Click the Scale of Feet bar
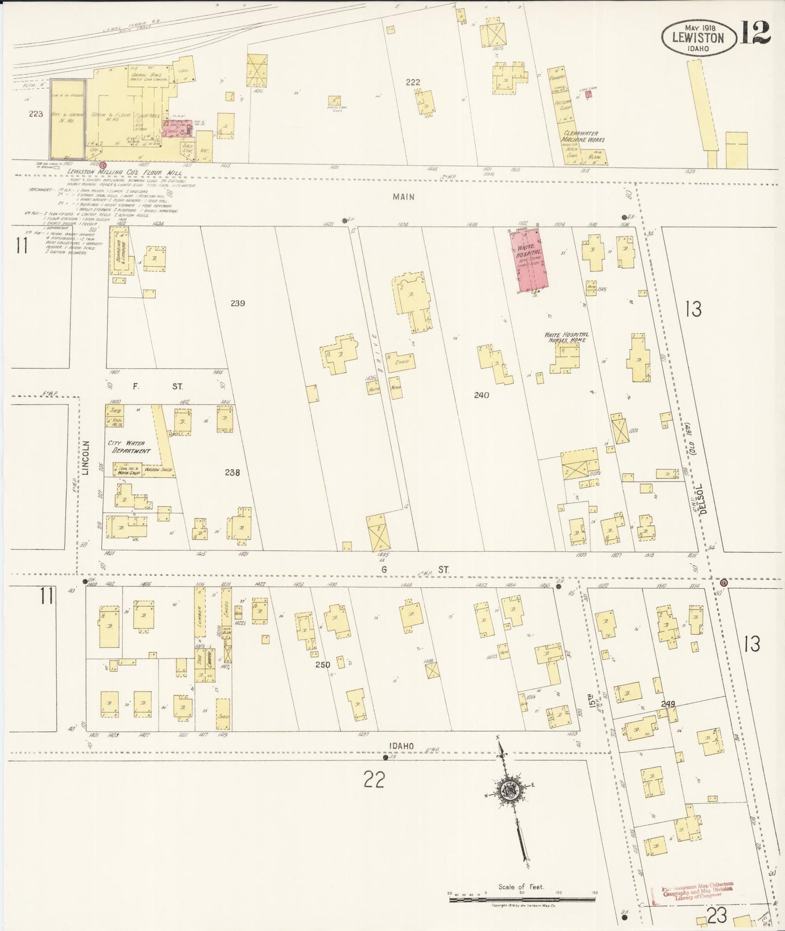click(x=522, y=899)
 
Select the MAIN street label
click(x=404, y=197)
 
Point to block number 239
click(x=237, y=303)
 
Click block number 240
click(x=481, y=395)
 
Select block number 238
click(x=232, y=473)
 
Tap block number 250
click(x=322, y=664)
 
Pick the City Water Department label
click(x=129, y=447)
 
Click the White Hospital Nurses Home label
click(x=567, y=338)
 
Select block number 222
click(x=413, y=82)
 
